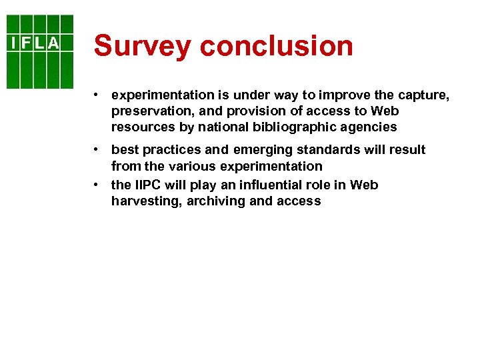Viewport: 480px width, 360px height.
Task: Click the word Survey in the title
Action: coord(142,46)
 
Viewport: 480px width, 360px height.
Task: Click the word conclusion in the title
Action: coord(276,46)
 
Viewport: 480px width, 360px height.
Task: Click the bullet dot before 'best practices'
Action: coord(97,150)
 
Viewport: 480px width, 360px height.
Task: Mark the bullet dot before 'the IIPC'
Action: coord(97,185)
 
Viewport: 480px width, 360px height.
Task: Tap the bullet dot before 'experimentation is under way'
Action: coord(97,96)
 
